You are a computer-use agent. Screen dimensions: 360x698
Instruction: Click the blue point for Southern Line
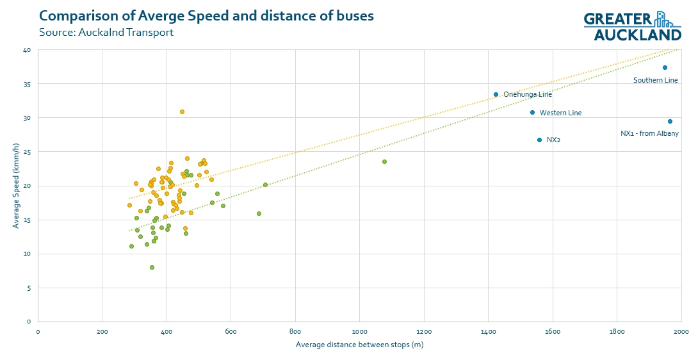pyautogui.click(x=665, y=67)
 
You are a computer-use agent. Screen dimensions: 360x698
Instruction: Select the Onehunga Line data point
pyautogui.click(x=496, y=94)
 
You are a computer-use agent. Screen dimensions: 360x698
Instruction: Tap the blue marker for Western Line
pyautogui.click(x=532, y=112)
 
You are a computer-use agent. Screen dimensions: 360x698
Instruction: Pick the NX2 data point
pyautogui.click(x=539, y=140)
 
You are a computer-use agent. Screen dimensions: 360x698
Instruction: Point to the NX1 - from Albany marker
pyautogui.click(x=670, y=121)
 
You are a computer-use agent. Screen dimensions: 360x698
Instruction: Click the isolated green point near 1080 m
pyautogui.click(x=384, y=161)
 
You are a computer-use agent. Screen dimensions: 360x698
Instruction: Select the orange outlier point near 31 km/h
pyautogui.click(x=182, y=111)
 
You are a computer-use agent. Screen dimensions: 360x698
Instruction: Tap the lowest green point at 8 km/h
pyautogui.click(x=152, y=267)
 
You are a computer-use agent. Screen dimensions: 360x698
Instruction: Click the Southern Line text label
pyautogui.click(x=655, y=80)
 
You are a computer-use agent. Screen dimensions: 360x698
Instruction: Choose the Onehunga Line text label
pyautogui.click(x=527, y=94)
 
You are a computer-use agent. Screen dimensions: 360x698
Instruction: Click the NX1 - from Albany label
pyautogui.click(x=649, y=134)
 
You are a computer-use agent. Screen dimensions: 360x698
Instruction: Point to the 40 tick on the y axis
pyautogui.click(x=26, y=50)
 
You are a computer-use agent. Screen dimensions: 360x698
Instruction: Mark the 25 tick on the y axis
pyautogui.click(x=26, y=152)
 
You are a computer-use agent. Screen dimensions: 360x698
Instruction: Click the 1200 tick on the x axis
pyautogui.click(x=423, y=331)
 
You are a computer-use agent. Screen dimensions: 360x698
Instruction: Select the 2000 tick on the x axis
pyautogui.click(x=681, y=331)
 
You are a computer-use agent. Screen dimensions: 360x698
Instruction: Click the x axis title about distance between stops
pyautogui.click(x=359, y=345)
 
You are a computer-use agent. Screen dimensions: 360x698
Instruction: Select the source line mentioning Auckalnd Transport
pyautogui.click(x=106, y=32)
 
